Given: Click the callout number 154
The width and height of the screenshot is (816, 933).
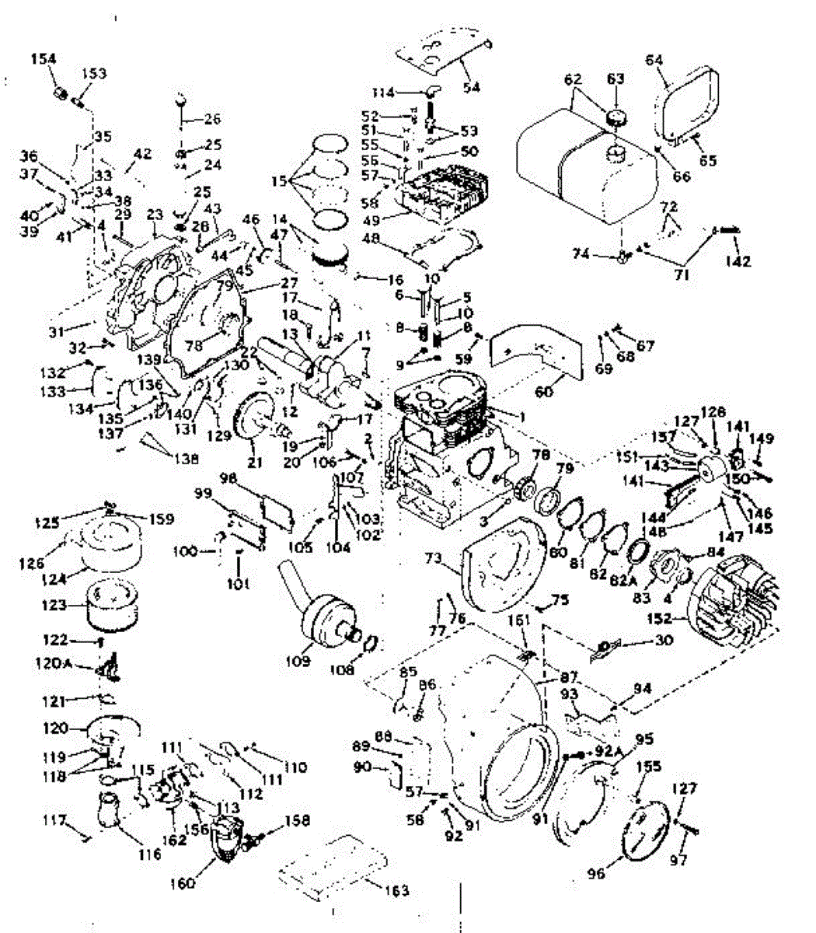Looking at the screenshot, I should [44, 60].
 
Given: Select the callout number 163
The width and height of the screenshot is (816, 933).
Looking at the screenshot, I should [397, 890].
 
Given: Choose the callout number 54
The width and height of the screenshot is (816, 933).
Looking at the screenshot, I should [472, 88].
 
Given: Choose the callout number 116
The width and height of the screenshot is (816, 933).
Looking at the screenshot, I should [149, 854].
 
